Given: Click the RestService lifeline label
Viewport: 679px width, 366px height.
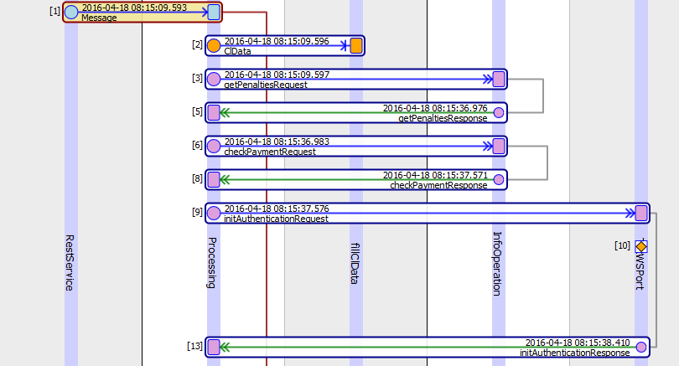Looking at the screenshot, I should coord(70,262).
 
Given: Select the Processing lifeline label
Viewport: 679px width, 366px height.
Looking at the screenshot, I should coord(212,262).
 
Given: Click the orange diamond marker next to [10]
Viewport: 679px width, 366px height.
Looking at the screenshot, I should coord(641,246).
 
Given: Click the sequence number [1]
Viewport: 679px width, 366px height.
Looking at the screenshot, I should coord(54,11).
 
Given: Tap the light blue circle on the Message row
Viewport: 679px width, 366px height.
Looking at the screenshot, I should coord(71,12).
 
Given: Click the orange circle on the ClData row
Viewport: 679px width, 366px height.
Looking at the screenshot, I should coord(214,45).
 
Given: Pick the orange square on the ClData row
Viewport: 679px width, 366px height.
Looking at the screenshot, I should coord(356,45).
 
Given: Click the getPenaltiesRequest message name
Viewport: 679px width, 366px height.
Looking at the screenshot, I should coord(265,85).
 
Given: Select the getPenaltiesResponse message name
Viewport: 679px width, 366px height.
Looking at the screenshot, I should coord(443,118).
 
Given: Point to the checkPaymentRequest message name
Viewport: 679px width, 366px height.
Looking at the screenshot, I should coord(270,152).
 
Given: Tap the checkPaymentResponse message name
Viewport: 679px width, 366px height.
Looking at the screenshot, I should coord(438,185).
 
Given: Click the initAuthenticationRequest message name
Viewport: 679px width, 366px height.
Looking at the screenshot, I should coord(276,219).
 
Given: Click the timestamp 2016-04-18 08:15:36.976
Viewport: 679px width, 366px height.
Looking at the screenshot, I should coord(434,108).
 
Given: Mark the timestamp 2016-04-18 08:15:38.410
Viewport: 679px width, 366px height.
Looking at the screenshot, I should coord(577,343).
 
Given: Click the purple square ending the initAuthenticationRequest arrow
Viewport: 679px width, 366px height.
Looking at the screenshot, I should coord(641,213).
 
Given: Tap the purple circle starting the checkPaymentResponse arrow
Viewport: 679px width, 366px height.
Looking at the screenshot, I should coord(499,179).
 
